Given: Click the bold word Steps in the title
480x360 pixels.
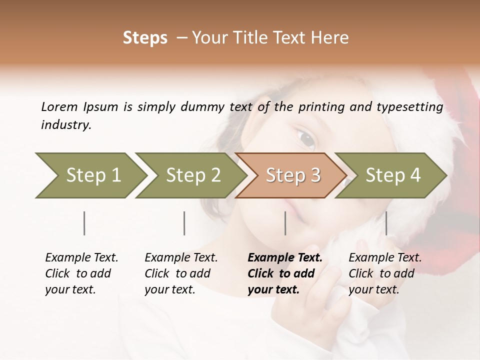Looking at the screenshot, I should coord(145,38).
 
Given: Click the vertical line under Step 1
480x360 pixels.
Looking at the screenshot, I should coord(84,223).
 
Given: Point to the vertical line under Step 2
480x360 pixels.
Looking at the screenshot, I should coord(184,223).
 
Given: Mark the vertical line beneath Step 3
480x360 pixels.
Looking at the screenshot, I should coord(285,223).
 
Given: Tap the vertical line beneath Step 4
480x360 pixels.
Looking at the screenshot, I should coord(386,223).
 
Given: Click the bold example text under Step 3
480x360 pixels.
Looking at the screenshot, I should coord(284,273).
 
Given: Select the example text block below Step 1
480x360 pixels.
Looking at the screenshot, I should coord(81,273).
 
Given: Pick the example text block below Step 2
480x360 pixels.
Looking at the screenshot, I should coord(180,273).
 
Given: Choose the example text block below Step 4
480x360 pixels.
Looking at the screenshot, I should coord(384,273).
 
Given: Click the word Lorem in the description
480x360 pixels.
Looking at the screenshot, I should coord(59,106).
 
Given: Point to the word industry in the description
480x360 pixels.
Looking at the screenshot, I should coord(65,125).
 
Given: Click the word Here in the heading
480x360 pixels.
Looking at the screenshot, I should coord(330,38).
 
